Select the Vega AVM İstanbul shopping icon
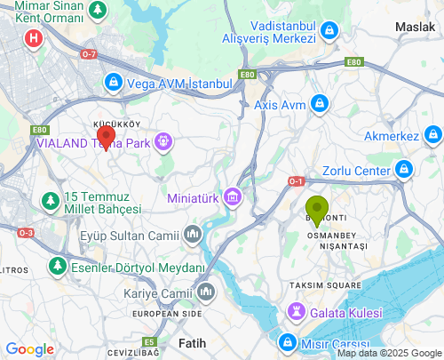pyautogui.click(x=113, y=83)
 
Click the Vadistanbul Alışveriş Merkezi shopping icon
pyautogui.click(x=329, y=32)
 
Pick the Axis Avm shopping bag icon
pyautogui.click(x=320, y=106)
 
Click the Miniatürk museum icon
pyautogui.click(x=233, y=196)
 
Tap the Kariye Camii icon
pyautogui.click(x=206, y=292)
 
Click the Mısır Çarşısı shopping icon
pyautogui.click(x=288, y=343)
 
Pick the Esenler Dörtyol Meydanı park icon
pyautogui.click(x=59, y=266)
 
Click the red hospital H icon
pyautogui.click(x=34, y=38)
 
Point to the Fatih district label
pyautogui.click(x=192, y=342)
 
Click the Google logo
pyautogui.click(x=29, y=349)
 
